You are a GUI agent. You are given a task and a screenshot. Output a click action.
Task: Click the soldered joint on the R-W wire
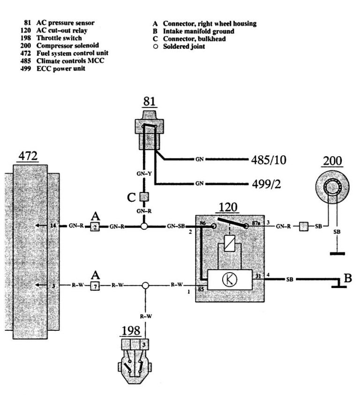[145, 285]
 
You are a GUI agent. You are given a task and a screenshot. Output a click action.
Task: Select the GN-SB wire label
[176, 227]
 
